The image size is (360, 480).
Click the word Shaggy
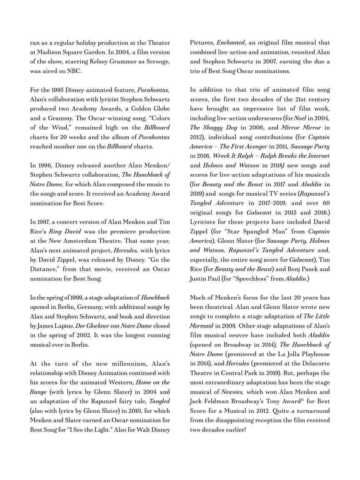pos(216,128)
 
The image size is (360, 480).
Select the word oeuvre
pos(242,335)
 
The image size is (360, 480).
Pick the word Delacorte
pos(312,364)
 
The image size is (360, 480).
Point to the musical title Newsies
pos(232,392)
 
